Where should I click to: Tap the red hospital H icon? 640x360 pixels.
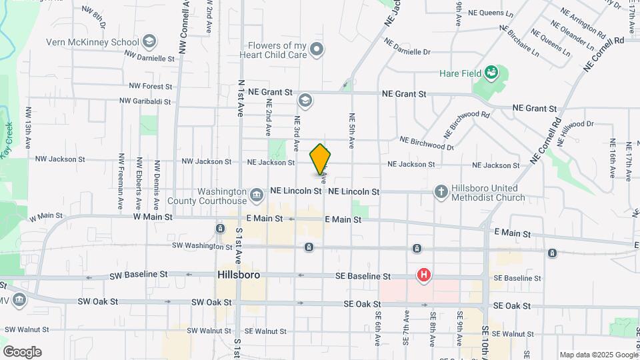click(x=423, y=275)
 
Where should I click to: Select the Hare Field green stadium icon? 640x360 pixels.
click(x=492, y=72)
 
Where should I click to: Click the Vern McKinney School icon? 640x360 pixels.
click(x=149, y=42)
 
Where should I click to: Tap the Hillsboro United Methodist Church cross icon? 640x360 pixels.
click(x=440, y=192)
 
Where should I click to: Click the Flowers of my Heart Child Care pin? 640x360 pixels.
click(x=317, y=50)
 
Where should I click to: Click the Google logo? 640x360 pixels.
click(x=22, y=351)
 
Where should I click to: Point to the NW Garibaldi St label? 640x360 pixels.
click(x=145, y=102)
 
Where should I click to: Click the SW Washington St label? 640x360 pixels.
click(x=202, y=246)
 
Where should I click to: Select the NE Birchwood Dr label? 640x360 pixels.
click(x=427, y=142)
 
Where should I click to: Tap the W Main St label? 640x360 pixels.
click(x=153, y=217)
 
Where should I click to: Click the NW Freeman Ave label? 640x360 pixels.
click(x=121, y=181)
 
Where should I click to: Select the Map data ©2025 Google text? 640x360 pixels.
click(x=597, y=355)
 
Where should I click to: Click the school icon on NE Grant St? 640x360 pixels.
click(x=305, y=100)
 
